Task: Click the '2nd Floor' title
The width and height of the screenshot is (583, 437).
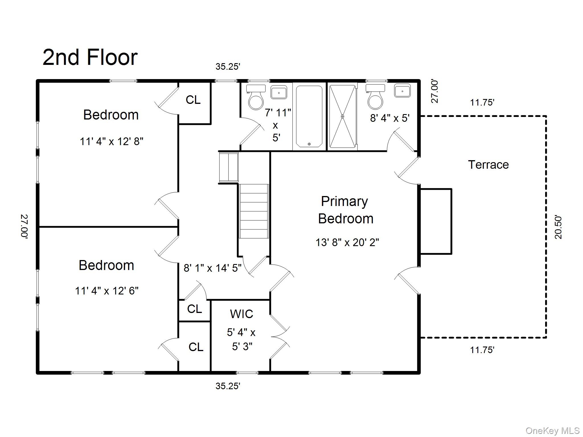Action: [x=90, y=57]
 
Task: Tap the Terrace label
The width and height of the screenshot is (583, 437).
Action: [x=488, y=165]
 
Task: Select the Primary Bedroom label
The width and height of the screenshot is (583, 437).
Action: [x=345, y=210]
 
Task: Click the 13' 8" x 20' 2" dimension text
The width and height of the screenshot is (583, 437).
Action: [x=347, y=242]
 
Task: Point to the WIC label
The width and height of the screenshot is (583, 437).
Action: [x=241, y=314]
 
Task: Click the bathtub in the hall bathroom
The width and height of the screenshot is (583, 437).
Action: [x=309, y=117]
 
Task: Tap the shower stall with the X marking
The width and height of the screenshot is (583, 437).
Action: [x=342, y=116]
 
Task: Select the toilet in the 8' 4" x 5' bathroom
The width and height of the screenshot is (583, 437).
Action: [x=375, y=98]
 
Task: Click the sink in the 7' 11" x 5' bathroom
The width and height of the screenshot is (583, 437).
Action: [x=278, y=92]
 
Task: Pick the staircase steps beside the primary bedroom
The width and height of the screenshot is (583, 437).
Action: [x=254, y=211]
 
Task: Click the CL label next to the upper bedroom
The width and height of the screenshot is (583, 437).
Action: [x=193, y=100]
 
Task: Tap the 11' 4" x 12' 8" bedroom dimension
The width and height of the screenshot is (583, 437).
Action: [x=111, y=141]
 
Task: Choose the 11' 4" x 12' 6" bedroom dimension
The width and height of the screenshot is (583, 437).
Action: [x=106, y=291]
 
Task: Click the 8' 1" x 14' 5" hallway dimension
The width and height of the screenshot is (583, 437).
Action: [x=212, y=268]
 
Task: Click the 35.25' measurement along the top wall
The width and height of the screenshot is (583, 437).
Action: [x=228, y=67]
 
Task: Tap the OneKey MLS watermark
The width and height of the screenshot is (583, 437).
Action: [x=552, y=430]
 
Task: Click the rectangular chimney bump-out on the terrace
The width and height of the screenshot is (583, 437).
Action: [x=436, y=221]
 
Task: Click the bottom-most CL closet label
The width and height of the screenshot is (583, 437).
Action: [x=196, y=347]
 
